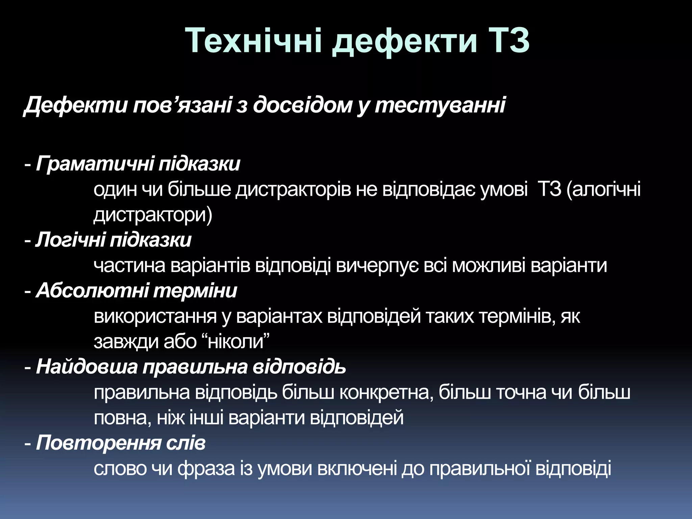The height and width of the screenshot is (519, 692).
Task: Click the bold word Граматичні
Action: pyautogui.click(x=94, y=164)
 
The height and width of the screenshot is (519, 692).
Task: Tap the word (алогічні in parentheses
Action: pyautogui.click(x=603, y=189)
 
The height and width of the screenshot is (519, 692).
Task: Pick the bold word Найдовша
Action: pyautogui.click(x=87, y=367)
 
